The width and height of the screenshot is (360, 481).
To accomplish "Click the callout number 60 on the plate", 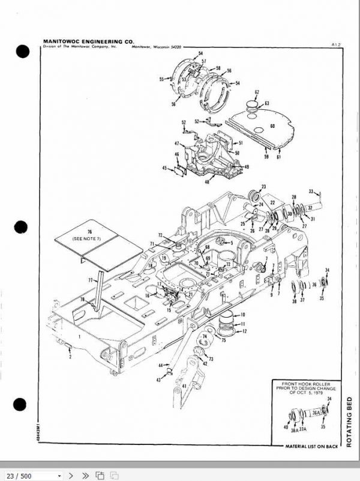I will pos(272,127).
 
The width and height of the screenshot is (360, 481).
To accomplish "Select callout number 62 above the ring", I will pos(256,92).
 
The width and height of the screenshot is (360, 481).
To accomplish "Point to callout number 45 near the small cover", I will pos(164,168).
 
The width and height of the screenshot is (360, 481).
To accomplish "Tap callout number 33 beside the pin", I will pos(311,192).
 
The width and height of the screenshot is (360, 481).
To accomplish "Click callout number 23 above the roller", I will pos(263,187).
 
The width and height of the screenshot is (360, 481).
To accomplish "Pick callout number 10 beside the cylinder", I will pos(243,315).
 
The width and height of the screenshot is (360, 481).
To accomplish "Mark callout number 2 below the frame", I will pos(70,357).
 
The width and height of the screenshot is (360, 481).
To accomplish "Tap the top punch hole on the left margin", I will pos(22,52).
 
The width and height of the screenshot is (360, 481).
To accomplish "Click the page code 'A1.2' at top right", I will pos(335,44).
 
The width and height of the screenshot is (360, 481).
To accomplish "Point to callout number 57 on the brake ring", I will pos(203,61).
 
